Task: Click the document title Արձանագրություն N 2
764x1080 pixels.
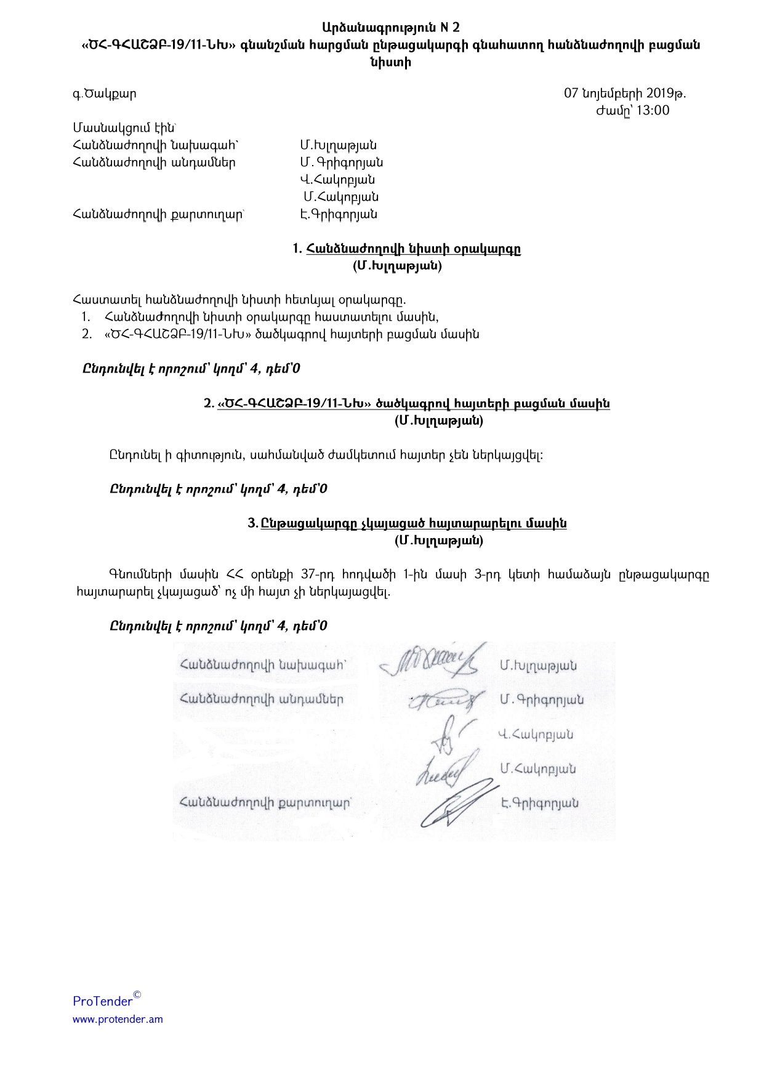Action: (390, 28)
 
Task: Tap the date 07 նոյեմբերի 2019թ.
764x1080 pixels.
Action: (625, 94)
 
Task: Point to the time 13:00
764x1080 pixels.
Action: (653, 111)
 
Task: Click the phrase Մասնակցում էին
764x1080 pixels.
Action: (124, 128)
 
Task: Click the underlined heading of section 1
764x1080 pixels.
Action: (413, 249)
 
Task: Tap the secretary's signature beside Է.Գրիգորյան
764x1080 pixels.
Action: (456, 804)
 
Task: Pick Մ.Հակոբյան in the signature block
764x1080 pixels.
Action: (537, 769)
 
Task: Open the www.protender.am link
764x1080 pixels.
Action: (118, 1019)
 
